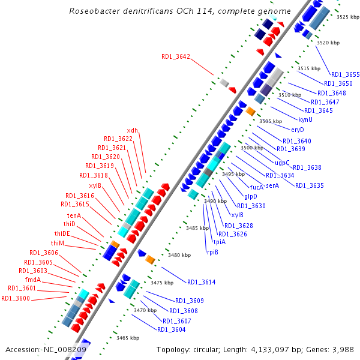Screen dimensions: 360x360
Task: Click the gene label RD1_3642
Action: [175, 56]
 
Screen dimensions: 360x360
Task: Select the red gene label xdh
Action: [132, 130]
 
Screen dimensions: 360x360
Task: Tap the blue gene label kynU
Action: [305, 119]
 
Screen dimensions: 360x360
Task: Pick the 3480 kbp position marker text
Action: [179, 255]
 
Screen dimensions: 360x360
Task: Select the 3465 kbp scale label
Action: [128, 338]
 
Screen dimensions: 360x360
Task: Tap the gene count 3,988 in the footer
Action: [343, 349]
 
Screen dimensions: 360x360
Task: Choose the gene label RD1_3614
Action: [201, 282]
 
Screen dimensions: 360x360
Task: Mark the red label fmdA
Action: [33, 280]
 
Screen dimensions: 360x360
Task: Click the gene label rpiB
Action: [212, 252]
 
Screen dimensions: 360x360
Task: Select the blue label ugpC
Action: [282, 163]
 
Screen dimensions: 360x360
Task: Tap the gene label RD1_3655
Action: [345, 74]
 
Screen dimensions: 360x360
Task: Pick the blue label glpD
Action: [251, 196]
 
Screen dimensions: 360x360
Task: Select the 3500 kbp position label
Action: [251, 148]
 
